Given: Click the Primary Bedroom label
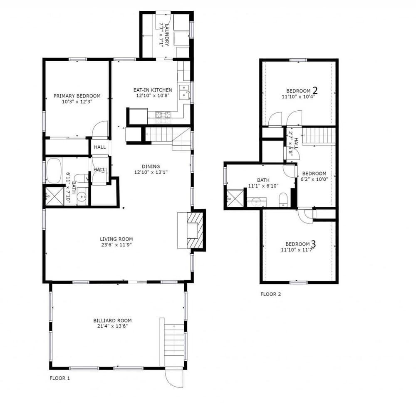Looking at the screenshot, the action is (77, 96).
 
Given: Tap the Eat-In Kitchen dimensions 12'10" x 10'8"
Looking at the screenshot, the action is (153, 96).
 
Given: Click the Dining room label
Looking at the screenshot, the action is (151, 166).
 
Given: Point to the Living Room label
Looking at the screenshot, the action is (116, 239).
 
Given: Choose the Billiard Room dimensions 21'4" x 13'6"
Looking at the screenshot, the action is (112, 326).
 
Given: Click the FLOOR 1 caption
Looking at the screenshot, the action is (59, 378).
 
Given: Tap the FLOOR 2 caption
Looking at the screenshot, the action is (271, 294).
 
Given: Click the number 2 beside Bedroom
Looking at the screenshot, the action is (315, 90).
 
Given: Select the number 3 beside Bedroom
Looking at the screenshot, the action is (313, 243).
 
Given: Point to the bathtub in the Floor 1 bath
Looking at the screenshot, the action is (54, 171).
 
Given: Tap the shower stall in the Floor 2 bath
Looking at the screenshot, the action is (235, 198).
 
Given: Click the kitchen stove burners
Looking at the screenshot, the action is (163, 115).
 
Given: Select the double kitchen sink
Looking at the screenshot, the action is (184, 92).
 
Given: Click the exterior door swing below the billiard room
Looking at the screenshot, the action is (174, 379).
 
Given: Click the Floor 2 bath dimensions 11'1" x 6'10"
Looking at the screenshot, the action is (263, 186).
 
